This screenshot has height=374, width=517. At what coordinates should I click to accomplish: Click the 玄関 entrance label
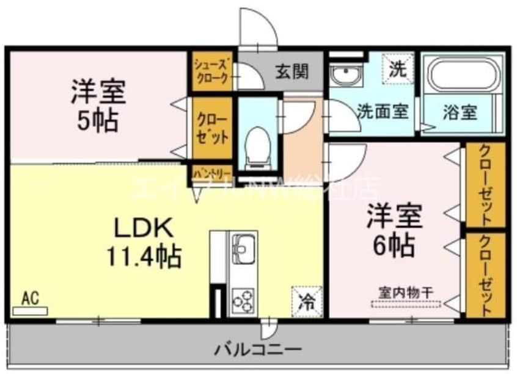[291, 71]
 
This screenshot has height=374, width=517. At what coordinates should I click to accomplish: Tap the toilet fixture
[257, 146]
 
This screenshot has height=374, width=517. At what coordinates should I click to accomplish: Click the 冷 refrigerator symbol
[306, 300]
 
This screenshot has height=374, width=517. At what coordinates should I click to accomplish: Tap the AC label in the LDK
[29, 298]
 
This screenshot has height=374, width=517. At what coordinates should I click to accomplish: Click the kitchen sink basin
[244, 250]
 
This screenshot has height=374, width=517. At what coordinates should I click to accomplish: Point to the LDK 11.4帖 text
[145, 242]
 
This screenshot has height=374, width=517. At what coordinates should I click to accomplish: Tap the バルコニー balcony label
[257, 350]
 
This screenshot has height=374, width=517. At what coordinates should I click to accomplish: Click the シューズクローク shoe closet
[212, 70]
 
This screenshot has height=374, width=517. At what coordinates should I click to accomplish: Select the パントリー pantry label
[211, 173]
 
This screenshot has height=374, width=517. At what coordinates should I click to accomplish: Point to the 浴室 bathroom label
[460, 112]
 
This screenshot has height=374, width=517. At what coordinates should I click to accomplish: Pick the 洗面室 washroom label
[382, 112]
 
